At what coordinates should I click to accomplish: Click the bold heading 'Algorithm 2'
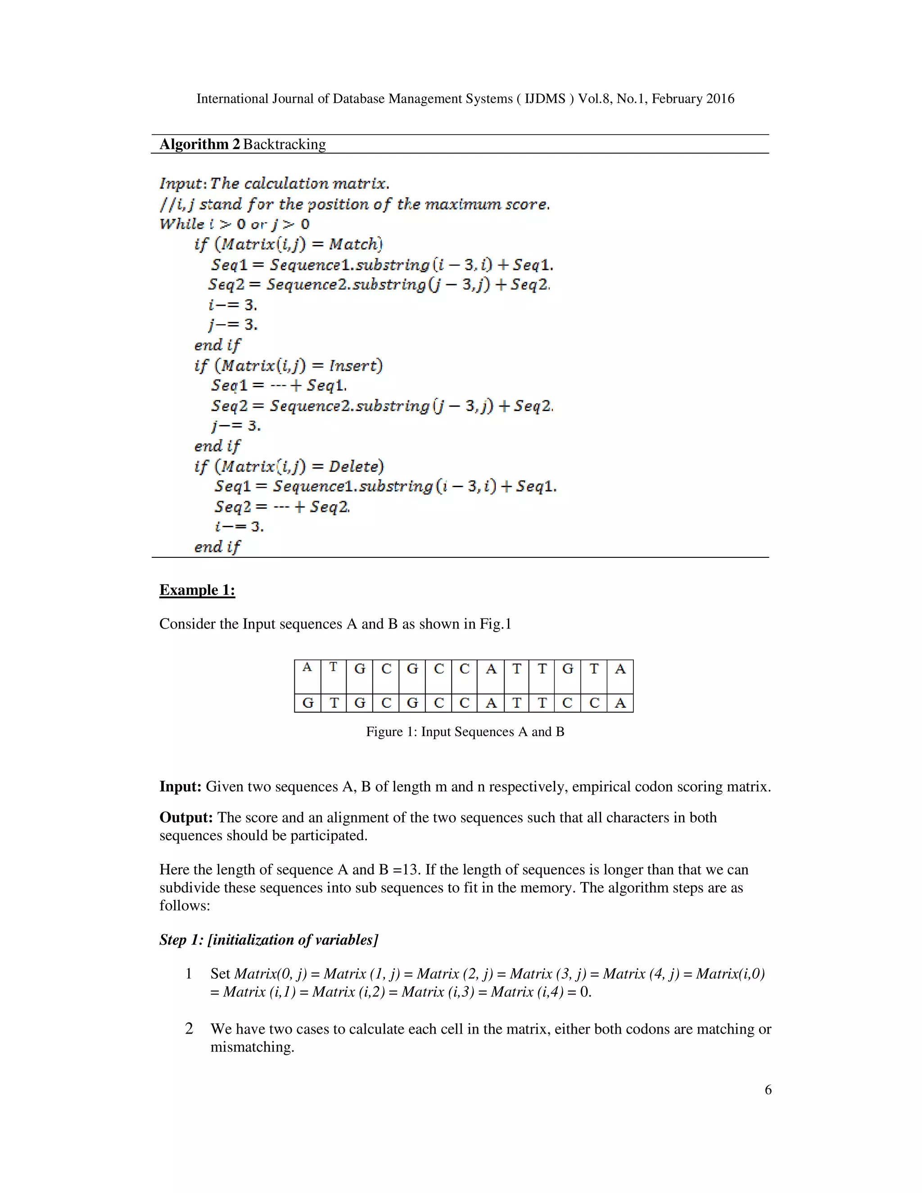click(199, 144)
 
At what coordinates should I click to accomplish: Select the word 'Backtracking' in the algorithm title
click(284, 144)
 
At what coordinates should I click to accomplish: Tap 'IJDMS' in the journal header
click(545, 99)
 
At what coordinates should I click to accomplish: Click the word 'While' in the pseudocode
click(181, 224)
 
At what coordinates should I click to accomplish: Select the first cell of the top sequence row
click(307, 676)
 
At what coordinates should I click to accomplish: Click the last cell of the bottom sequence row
click(620, 703)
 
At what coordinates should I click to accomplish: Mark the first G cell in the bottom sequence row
click(307, 703)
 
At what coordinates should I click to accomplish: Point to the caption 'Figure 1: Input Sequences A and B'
click(465, 732)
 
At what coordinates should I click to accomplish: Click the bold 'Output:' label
click(186, 818)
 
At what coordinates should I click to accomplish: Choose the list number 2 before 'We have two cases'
click(189, 1029)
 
